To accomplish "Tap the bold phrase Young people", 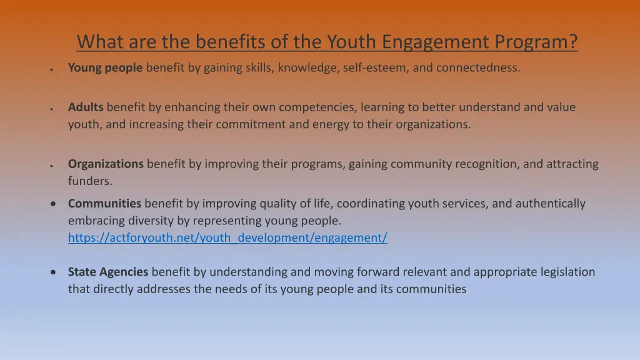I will tap(105, 68).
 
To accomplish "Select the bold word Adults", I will tap(86, 107).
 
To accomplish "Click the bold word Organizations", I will tap(106, 164).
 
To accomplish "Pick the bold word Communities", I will tap(104, 204).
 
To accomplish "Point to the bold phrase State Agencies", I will tap(108, 272).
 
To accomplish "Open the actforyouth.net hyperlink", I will tap(227, 237).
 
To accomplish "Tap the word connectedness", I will tap(477, 68).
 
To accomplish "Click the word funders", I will tap(90, 181).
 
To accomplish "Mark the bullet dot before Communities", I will tap(56, 204).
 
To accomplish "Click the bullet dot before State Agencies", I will tap(56, 272).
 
